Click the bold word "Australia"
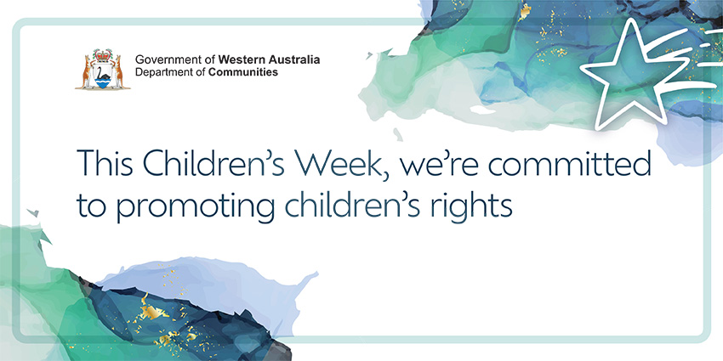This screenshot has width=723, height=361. [x=293, y=60]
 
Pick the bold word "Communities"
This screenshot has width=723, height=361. [x=242, y=73]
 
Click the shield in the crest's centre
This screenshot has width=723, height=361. [x=103, y=76]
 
